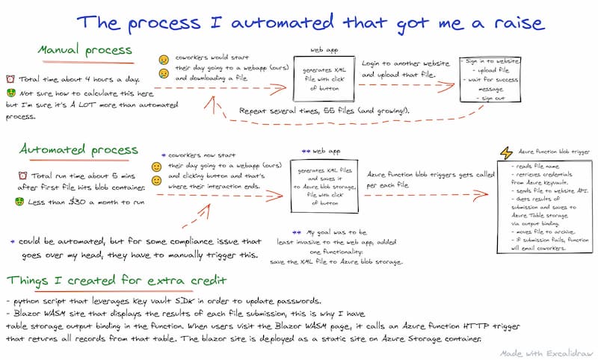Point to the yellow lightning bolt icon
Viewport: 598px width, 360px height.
point(505,152)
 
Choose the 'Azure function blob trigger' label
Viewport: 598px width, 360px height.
point(549,152)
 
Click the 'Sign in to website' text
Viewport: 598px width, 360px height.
point(490,60)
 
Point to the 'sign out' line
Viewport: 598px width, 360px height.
point(493,98)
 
